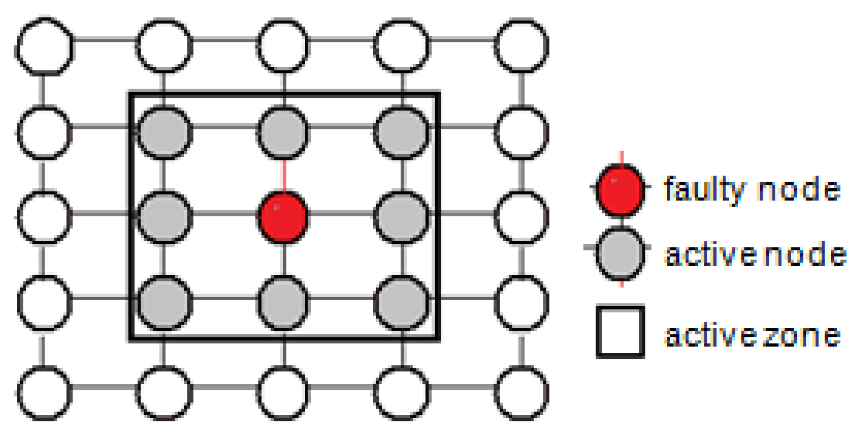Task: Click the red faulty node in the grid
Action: [283, 217]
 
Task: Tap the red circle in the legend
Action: [620, 190]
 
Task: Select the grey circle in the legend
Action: [620, 254]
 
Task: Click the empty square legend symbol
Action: [620, 332]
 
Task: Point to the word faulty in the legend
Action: [704, 190]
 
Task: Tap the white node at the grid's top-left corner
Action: [45, 47]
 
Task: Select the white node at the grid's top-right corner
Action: [522, 47]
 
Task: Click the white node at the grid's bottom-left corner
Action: [45, 393]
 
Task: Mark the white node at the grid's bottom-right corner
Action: [522, 393]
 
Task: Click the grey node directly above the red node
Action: [283, 133]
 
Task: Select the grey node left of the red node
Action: [164, 217]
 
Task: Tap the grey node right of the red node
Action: [402, 217]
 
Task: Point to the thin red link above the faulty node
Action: [283, 175]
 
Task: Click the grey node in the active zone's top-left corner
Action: [164, 133]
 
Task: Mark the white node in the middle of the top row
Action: [283, 47]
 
